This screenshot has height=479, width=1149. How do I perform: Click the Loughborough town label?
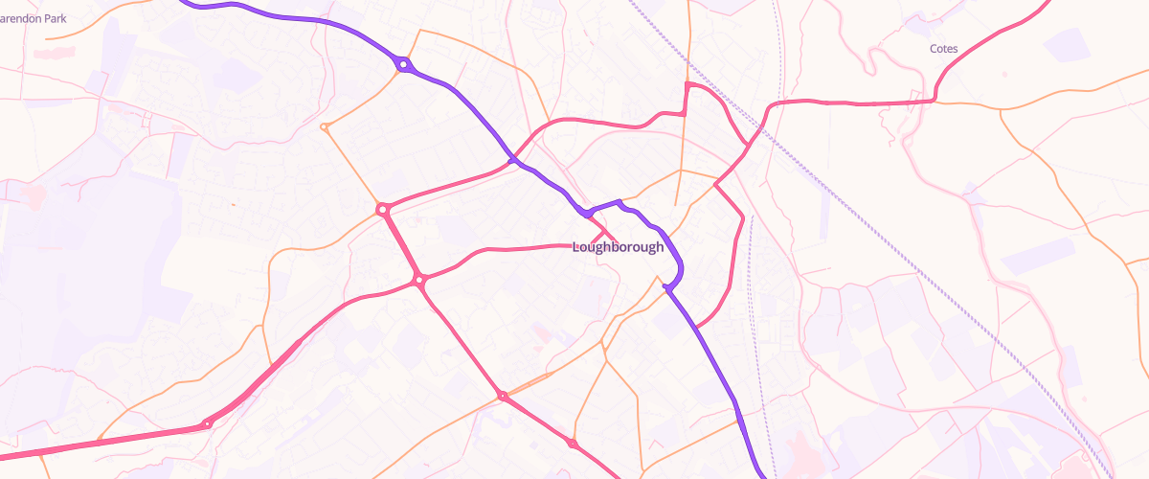tap(618, 247)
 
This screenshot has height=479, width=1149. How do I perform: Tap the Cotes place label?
tap(943, 48)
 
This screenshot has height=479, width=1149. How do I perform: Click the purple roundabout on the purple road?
tap(404, 65)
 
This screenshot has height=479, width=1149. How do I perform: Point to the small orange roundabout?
tap(325, 126)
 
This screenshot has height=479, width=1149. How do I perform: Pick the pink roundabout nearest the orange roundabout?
tap(382, 209)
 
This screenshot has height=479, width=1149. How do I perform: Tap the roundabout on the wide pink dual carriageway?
tap(206, 424)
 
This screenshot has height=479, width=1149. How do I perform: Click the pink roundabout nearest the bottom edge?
tap(573, 444)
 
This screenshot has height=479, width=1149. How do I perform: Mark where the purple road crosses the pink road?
tap(514, 159)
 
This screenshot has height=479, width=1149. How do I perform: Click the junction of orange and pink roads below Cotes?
tap(1001, 108)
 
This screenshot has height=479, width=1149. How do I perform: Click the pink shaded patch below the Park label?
tap(34, 196)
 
